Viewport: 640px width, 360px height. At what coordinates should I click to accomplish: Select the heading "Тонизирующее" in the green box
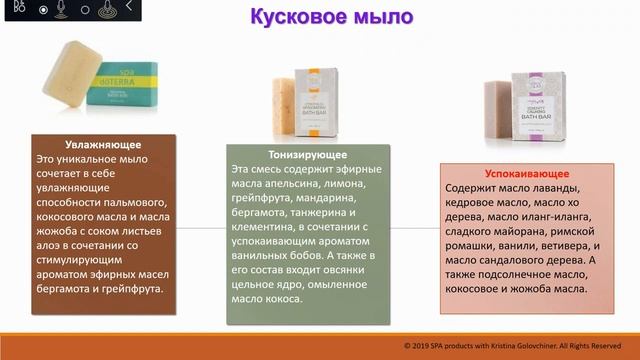click(306, 155)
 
